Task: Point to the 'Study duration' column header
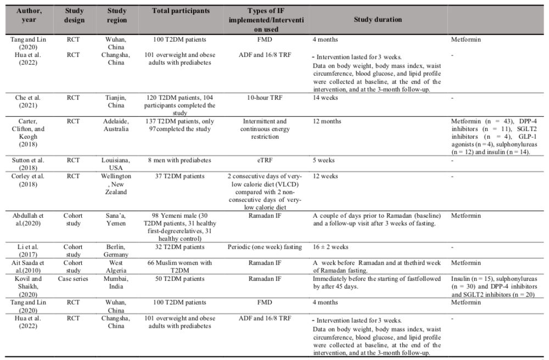(x=378, y=20)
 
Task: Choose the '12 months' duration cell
(x=326, y=121)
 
